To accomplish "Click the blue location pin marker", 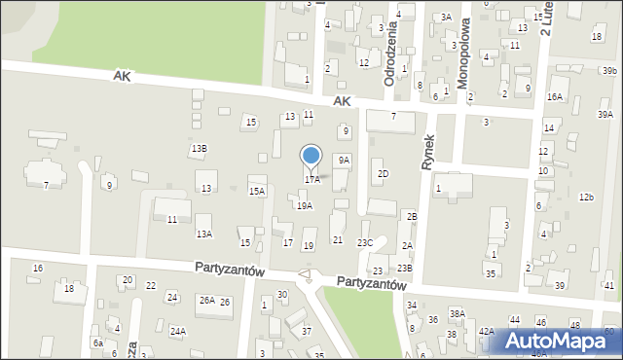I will [311, 157].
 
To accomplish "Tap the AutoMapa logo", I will [556, 341].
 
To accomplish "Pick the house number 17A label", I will [311, 180].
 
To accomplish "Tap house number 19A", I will [305, 206].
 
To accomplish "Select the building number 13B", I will [199, 148].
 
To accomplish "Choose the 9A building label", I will [344, 160].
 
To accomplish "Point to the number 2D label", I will [383, 174].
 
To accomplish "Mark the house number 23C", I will [365, 242].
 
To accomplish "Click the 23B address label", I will [404, 268].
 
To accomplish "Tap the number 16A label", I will [555, 97].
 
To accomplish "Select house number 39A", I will [605, 115].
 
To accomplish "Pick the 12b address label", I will [586, 198].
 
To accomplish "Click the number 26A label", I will [207, 302].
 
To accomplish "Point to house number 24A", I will [178, 331].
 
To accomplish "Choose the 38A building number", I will [458, 313].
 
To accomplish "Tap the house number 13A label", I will [203, 234].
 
